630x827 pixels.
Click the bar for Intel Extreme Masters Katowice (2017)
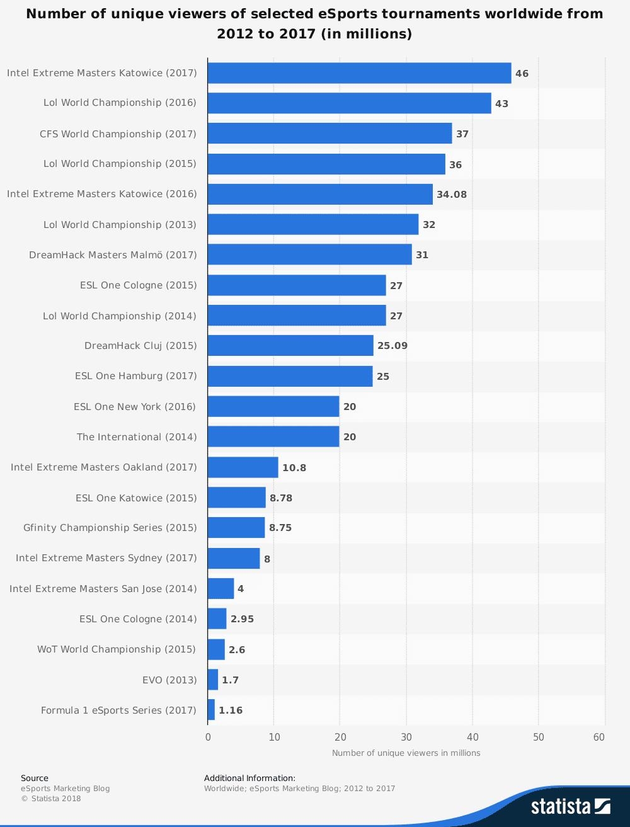(359, 73)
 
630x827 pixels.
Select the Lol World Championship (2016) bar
(349, 103)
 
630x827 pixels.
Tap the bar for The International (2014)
(273, 436)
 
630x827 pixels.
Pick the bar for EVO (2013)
(213, 680)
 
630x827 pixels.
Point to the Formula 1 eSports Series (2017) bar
(211, 710)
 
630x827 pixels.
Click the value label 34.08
(452, 195)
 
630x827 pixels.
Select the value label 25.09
(392, 346)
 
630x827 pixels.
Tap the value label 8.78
(281, 498)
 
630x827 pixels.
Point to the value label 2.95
(243, 619)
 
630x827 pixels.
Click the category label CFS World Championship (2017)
(118, 134)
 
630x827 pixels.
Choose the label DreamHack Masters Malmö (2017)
(113, 255)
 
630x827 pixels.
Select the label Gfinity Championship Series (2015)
(110, 528)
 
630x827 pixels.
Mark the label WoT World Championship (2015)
(117, 649)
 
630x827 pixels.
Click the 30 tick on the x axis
(406, 738)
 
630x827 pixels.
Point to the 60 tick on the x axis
(599, 738)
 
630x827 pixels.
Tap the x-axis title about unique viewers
(406, 753)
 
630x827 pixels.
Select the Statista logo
(570, 806)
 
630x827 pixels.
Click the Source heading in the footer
(35, 779)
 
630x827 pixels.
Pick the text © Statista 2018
(51, 799)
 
